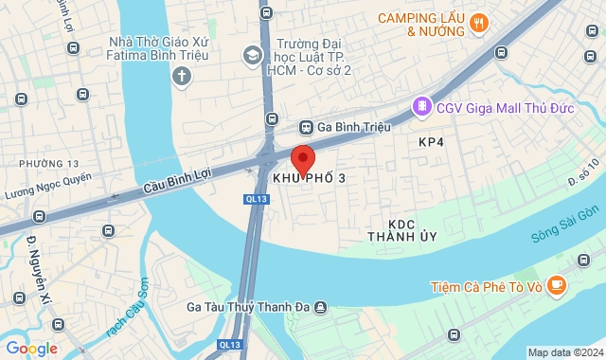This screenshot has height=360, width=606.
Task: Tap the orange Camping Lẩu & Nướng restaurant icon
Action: point(480,23)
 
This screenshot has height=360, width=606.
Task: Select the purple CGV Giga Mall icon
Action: point(421,106)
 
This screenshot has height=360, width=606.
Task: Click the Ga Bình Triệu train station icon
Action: point(307,127)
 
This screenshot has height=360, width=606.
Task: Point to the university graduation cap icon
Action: point(253,55)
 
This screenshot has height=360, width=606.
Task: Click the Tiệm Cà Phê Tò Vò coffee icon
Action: point(558,283)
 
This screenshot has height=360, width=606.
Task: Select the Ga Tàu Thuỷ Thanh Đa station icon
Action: point(321,307)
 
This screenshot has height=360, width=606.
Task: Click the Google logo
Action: point(30,349)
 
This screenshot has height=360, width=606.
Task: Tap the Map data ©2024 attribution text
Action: point(564,353)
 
